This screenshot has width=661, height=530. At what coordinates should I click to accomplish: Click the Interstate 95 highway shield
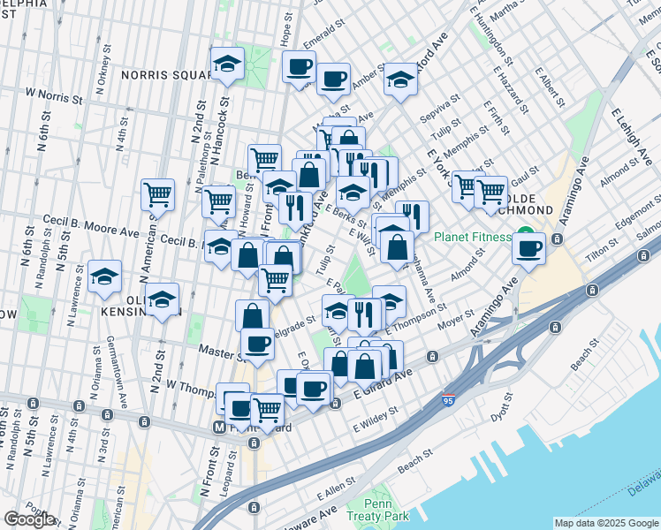click(x=450, y=401)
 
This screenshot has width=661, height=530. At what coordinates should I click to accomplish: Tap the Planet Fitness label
click(x=472, y=237)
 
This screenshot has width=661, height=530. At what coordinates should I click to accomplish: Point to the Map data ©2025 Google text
click(x=606, y=523)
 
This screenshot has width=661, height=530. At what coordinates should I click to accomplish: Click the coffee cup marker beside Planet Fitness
click(x=529, y=247)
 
